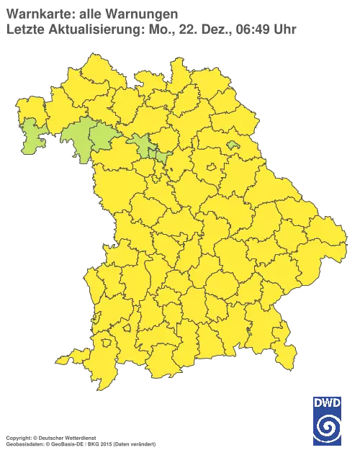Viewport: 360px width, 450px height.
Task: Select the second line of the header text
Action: (x=151, y=29)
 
